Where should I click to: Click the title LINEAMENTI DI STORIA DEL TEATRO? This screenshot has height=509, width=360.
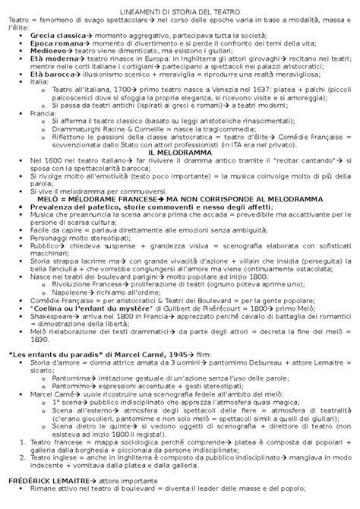coord(179,7)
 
